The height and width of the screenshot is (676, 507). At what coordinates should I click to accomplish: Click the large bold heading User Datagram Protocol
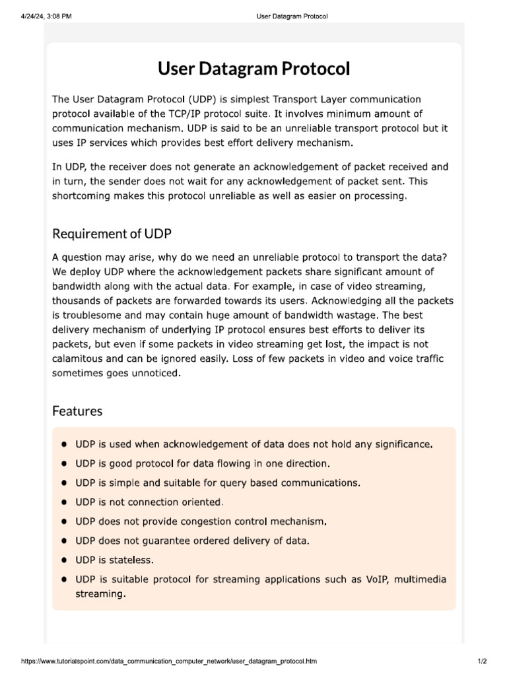253,69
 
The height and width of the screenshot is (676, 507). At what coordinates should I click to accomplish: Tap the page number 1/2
481,661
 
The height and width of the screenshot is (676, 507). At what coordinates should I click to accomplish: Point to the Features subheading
77,411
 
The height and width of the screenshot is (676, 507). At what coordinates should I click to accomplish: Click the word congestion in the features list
217,522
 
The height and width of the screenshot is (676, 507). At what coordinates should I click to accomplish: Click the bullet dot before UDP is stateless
64,560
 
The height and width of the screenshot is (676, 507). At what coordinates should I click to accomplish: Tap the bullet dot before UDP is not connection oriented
64,502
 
